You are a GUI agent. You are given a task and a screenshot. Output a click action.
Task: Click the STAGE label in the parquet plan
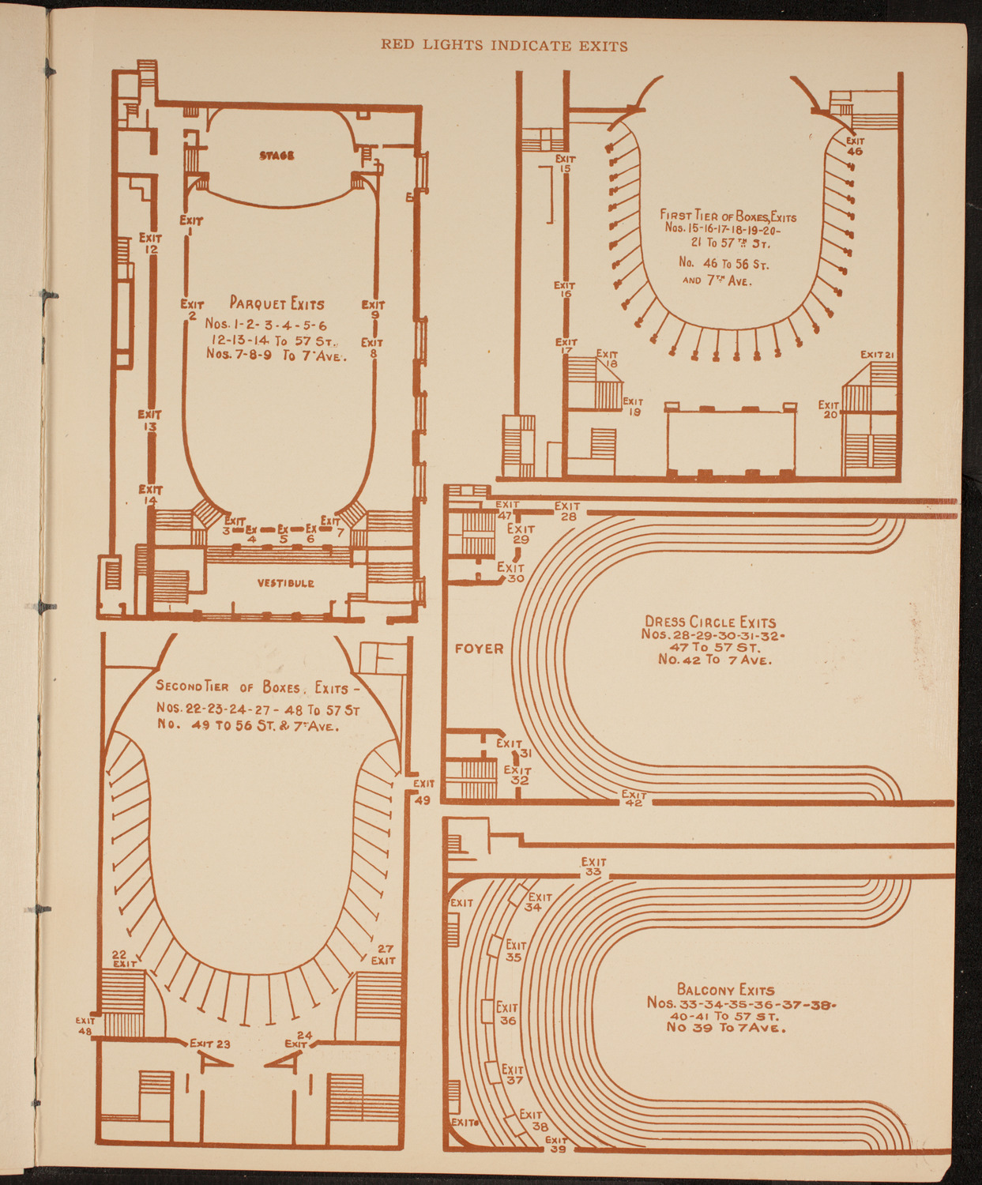[277, 156]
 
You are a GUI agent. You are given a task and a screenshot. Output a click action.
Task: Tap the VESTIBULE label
[285, 583]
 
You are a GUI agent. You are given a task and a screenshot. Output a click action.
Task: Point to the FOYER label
[479, 649]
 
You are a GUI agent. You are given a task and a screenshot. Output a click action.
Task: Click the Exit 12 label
[150, 243]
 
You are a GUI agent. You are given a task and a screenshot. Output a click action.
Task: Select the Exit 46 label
[854, 146]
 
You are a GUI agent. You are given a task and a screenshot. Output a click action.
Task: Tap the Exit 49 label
[423, 792]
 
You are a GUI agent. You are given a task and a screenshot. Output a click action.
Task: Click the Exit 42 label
[634, 798]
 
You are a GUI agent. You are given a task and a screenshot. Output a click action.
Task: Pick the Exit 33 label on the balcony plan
[593, 867]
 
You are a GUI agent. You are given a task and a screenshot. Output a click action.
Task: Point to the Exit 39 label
[556, 1144]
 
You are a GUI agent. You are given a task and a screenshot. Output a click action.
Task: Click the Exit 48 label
[85, 1025]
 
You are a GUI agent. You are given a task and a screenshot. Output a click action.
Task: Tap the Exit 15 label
[565, 164]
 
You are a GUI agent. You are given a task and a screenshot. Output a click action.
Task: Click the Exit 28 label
[567, 511]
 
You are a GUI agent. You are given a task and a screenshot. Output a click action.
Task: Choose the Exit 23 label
[210, 1044]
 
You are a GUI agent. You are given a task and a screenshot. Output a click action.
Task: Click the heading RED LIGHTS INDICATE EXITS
[504, 46]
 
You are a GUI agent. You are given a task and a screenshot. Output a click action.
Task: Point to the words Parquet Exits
[277, 303]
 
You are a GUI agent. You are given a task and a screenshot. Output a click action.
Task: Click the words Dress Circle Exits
[710, 622]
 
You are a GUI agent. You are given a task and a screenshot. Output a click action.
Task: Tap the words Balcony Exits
[725, 990]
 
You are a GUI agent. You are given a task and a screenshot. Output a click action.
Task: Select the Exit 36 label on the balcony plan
[507, 1014]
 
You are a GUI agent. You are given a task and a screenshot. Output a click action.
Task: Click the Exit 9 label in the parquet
[374, 309]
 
